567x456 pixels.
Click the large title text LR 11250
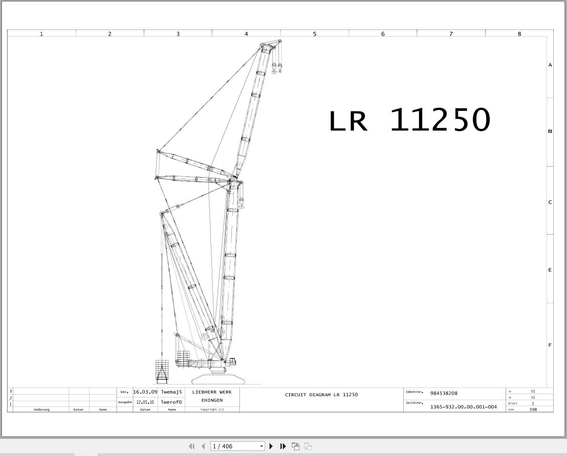point(409,120)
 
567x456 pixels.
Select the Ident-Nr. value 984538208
point(444,393)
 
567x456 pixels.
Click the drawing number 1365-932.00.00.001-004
point(463,407)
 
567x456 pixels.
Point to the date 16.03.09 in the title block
point(145,392)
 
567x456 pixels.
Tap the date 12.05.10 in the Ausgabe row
point(145,402)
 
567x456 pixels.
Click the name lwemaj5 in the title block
point(171,392)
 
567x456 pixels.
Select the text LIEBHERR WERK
point(212,392)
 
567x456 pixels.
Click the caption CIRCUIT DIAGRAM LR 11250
point(321,395)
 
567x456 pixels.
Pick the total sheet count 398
point(533,409)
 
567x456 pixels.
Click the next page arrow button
point(271,446)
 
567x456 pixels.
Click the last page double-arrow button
point(283,446)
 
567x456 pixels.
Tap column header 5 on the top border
point(315,34)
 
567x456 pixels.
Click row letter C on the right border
point(550,202)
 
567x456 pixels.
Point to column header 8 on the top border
point(519,34)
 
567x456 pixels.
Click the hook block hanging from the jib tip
point(277,68)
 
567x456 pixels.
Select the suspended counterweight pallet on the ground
point(162,371)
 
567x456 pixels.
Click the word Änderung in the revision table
point(41,409)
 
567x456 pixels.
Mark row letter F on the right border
point(550,345)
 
